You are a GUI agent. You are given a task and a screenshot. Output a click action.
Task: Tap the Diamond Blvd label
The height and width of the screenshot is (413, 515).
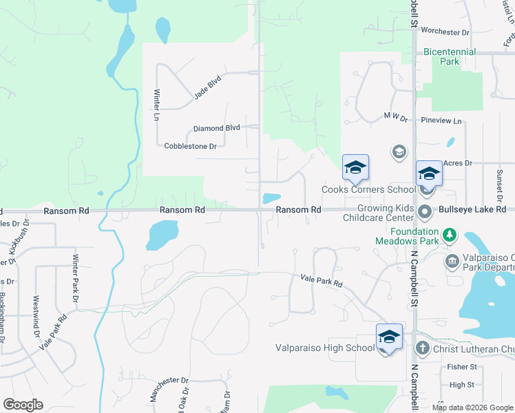tap(216, 128)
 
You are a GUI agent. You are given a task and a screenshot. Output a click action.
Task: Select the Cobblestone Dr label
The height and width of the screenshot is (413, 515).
tap(191, 146)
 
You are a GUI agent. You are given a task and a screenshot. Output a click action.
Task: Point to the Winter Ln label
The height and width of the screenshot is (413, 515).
tap(156, 106)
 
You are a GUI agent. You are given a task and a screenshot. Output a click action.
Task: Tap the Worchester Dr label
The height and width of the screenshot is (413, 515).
tap(445, 32)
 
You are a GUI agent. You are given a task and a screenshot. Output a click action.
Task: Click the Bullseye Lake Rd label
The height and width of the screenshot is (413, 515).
tap(472, 209)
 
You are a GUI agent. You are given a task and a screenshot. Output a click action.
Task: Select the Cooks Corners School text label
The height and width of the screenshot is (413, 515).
tap(368, 189)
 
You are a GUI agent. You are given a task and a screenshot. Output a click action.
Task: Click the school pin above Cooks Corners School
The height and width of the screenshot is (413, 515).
tap(356, 168)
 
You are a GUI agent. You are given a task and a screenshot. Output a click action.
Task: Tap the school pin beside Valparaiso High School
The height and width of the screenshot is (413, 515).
tap(389, 337)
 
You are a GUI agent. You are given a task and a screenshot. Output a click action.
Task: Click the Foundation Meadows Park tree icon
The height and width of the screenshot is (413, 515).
tap(450, 235)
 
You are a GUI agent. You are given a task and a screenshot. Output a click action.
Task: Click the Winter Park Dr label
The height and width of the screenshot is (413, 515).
tap(75, 277)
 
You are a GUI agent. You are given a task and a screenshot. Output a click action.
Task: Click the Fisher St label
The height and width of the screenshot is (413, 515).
tap(461, 367)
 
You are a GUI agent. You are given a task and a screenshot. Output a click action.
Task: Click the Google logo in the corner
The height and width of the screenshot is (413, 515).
tap(23, 405)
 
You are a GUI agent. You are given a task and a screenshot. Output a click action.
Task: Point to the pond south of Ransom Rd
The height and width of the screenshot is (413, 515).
tap(161, 235)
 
